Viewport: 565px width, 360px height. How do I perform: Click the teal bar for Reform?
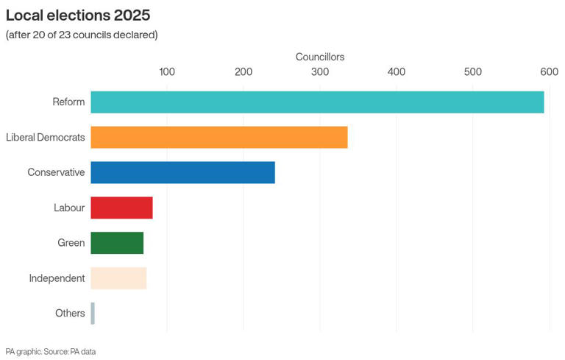click(x=317, y=102)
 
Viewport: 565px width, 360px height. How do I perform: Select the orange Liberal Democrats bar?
click(x=218, y=138)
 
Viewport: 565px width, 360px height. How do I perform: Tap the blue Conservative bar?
click(x=182, y=172)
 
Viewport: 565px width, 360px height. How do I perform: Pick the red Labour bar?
click(x=121, y=208)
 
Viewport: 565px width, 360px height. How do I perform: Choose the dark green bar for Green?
click(x=117, y=243)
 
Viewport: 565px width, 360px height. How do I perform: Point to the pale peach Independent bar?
click(x=118, y=278)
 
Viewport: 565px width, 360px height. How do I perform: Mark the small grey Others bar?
click(x=93, y=314)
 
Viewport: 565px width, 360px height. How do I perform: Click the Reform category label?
click(x=68, y=102)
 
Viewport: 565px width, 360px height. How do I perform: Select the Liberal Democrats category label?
click(x=46, y=138)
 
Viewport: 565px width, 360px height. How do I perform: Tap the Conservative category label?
click(x=56, y=172)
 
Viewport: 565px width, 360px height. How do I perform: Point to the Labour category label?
click(x=69, y=208)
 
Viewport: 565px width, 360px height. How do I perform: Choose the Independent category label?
click(x=57, y=278)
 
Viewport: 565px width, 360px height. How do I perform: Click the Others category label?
click(x=70, y=314)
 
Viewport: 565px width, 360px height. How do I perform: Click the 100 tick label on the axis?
click(x=167, y=72)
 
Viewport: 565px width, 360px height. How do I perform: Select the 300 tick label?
click(x=320, y=72)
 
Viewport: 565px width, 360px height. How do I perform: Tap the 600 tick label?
click(x=549, y=72)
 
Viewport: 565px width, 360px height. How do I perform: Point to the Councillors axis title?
click(x=320, y=57)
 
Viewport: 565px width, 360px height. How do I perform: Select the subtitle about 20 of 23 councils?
click(x=82, y=35)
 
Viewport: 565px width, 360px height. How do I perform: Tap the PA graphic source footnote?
click(x=51, y=352)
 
